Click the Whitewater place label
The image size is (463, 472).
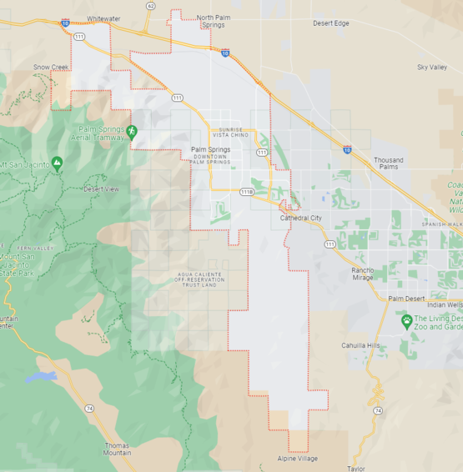point(103,18)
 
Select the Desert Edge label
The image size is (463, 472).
point(331,23)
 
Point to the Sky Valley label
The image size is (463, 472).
point(432,67)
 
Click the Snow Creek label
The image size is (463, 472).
point(51,67)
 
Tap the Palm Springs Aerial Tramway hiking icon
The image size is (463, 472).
point(132,131)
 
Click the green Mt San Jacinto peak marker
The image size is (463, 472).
point(57,163)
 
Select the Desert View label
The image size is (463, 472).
point(102,189)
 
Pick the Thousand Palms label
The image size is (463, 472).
point(388,163)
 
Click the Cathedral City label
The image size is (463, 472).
point(300,218)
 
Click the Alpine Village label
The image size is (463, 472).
point(298,459)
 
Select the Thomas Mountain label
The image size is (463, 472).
point(117,449)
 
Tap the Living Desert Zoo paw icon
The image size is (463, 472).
point(407,320)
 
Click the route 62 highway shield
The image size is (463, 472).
point(150,6)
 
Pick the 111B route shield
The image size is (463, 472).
point(247,192)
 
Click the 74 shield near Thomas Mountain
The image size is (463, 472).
point(88,409)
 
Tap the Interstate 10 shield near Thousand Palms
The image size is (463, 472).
point(347,149)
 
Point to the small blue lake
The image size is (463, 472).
point(40,378)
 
